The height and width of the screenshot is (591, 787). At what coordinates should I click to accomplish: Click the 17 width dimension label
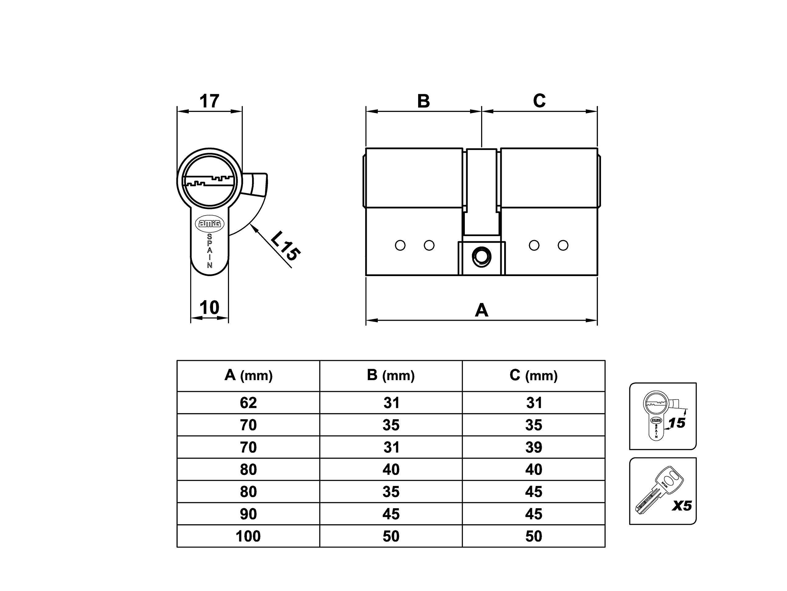pos(209,101)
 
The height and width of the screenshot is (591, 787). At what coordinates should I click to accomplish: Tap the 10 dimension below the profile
pos(209,308)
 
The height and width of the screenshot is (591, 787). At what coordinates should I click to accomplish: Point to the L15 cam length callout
pos(285,246)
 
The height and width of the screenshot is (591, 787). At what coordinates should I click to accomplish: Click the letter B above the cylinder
pos(423,101)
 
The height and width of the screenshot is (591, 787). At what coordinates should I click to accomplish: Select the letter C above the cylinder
pos(540,101)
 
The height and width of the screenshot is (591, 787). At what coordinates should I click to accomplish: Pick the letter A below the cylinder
pos(481,310)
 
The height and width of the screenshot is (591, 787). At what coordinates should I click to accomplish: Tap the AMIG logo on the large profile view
pos(210,223)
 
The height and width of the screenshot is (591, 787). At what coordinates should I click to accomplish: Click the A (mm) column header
pos(248,376)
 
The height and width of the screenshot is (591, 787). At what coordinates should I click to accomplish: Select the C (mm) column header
pos(533,376)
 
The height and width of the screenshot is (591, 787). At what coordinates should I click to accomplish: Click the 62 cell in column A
pos(248,403)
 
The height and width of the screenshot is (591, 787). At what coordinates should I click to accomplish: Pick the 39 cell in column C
pos(534,448)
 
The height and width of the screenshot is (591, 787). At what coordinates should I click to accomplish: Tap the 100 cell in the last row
pos(248,536)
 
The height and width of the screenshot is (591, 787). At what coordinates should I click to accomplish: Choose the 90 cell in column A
pos(248,514)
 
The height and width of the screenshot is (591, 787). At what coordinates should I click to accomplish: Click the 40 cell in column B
pos(391,469)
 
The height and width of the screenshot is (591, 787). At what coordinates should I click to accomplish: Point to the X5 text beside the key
pos(682,506)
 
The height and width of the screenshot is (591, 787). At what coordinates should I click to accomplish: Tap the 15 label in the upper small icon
pos(677,423)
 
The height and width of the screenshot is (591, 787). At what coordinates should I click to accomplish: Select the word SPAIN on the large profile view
pos(210,251)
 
